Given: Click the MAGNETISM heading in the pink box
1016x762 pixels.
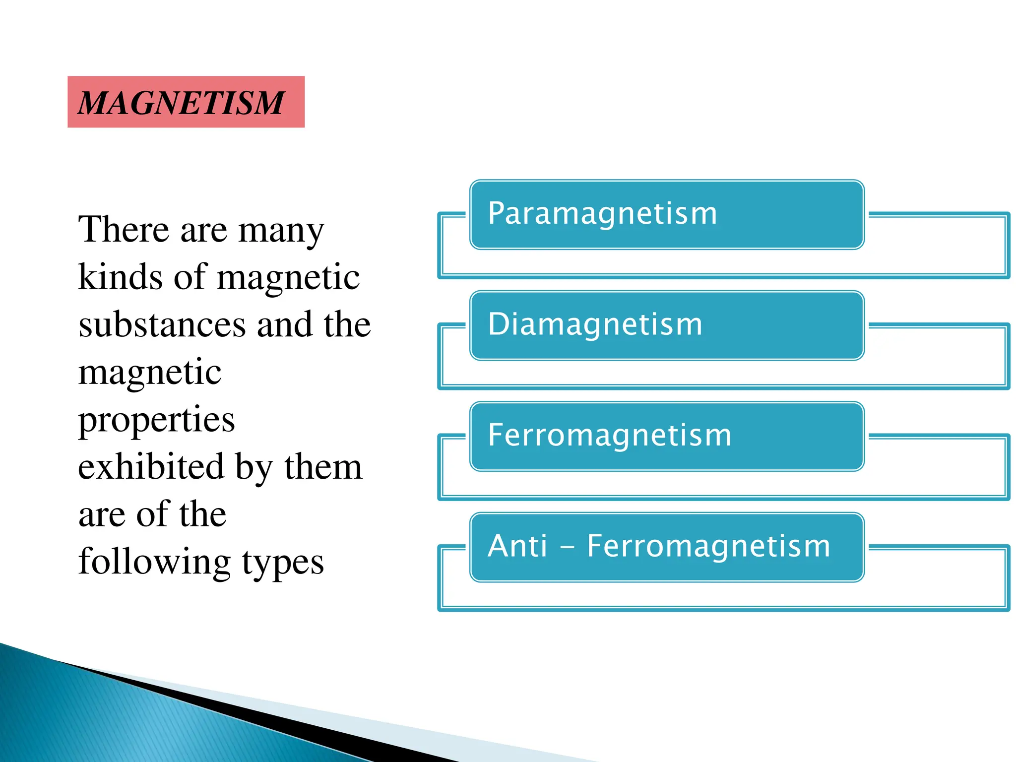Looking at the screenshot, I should [x=182, y=103].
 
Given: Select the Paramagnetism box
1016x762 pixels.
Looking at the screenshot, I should [x=667, y=214].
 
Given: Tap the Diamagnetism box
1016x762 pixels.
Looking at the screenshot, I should [x=667, y=325].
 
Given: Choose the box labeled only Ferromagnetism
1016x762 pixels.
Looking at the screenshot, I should [x=667, y=436].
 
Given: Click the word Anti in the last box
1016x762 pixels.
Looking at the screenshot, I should [x=517, y=546].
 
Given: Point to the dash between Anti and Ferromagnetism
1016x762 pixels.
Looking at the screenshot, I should [x=567, y=548].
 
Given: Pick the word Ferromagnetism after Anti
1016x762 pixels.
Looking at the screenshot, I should [x=708, y=546].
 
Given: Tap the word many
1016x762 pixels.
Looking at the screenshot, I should [x=281, y=231].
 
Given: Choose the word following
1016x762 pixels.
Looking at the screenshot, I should [x=154, y=563].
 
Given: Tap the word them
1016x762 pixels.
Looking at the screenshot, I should [x=323, y=467].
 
